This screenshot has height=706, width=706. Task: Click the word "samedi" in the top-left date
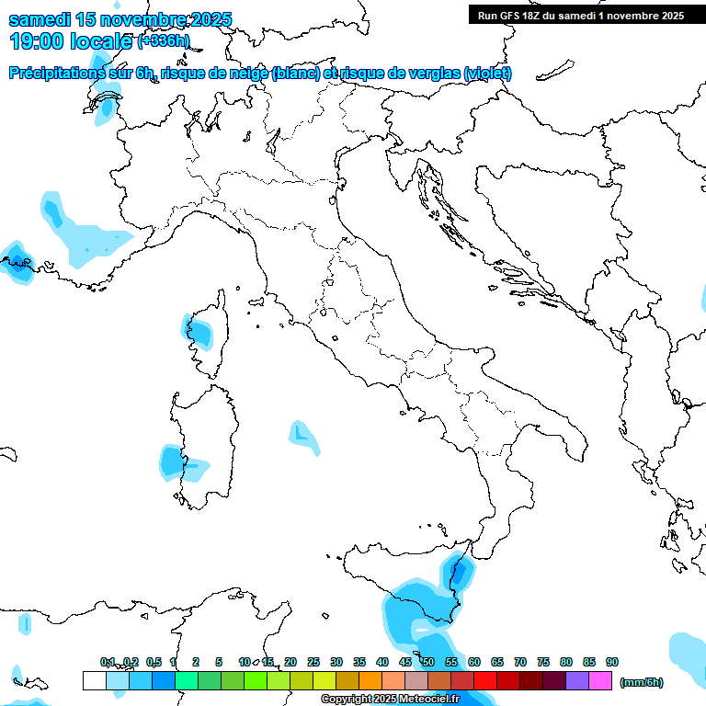(x=40, y=19)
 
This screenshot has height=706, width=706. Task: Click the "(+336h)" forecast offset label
(x=164, y=40)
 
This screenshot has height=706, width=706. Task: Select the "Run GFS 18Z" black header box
(x=579, y=15)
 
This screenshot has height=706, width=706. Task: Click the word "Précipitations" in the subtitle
(x=65, y=74)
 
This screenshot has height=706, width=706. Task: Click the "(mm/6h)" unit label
(x=641, y=682)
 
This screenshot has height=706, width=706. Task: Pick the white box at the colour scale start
(x=94, y=681)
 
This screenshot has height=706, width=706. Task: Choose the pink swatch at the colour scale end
(x=600, y=681)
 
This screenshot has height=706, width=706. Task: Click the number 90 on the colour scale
(x=612, y=662)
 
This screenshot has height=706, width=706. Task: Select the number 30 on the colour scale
(x=336, y=662)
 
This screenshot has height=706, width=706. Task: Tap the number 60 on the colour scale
(x=474, y=662)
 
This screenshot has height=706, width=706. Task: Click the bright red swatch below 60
(x=485, y=681)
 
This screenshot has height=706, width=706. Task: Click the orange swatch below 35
(x=370, y=681)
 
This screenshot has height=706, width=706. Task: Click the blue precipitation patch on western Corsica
(x=198, y=330)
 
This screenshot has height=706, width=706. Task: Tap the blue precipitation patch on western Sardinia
(x=172, y=461)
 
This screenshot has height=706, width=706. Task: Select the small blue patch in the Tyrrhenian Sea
(x=302, y=435)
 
